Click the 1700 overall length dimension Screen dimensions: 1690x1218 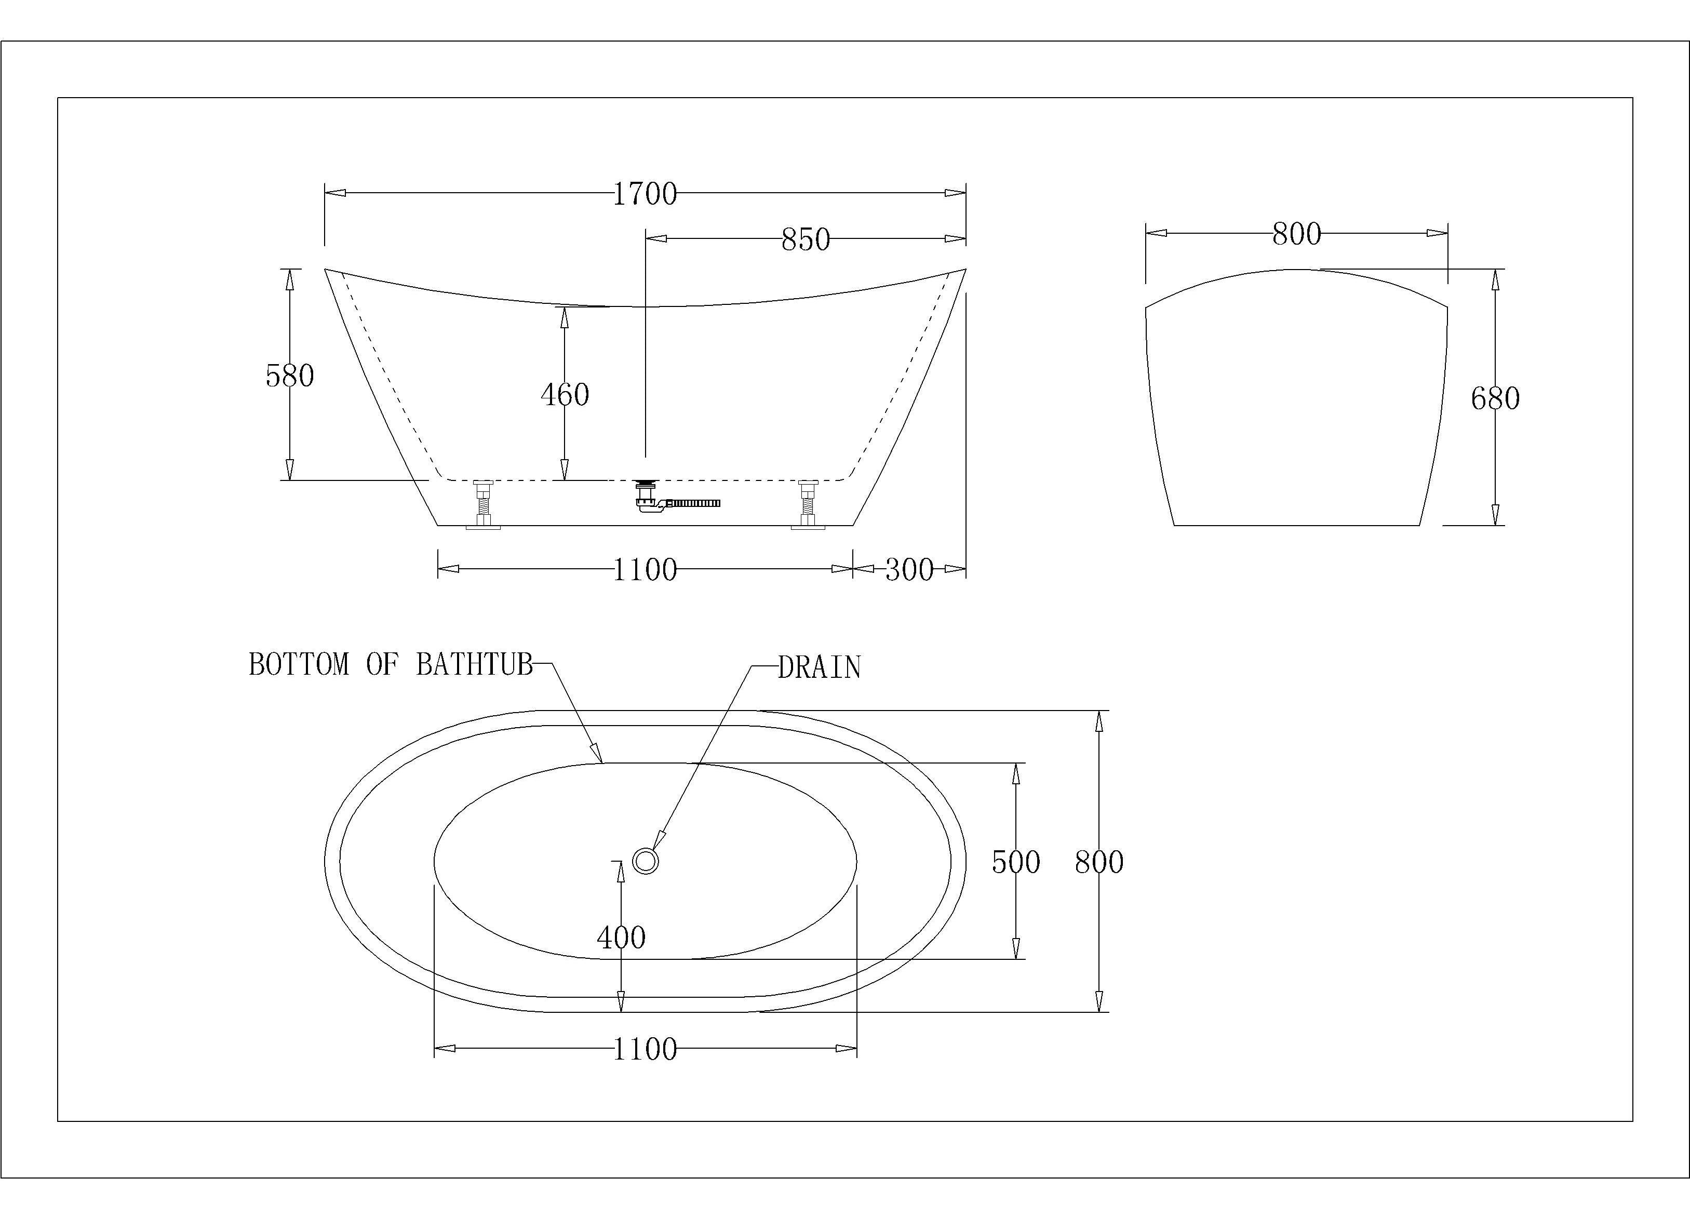(645, 194)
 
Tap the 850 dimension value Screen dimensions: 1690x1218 (806, 239)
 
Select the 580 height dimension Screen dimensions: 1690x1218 (290, 375)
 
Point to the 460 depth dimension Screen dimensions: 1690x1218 (565, 394)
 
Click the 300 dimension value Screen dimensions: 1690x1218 (909, 570)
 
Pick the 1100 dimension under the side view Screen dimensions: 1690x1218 (645, 570)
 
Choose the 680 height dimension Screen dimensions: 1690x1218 (1495, 399)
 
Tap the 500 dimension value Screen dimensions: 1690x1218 (1016, 862)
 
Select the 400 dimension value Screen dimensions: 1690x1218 (622, 937)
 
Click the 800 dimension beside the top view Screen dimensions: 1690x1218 (1099, 862)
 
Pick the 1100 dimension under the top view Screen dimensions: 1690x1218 (645, 1050)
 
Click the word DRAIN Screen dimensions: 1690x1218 (820, 667)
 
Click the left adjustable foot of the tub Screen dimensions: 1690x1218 (484, 505)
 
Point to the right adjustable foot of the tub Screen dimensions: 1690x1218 (808, 505)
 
